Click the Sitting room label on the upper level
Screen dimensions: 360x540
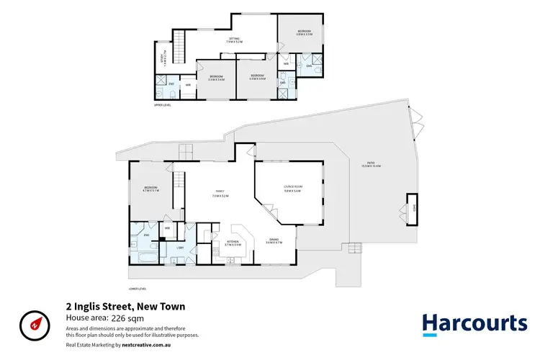[x=233, y=40]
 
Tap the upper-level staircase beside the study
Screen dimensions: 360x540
[x=180, y=48]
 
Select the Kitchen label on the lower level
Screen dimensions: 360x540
[x=233, y=243]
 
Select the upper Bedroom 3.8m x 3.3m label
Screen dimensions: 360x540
[x=305, y=33]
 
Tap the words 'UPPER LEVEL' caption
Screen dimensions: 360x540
[x=162, y=105]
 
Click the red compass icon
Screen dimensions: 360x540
[x=34, y=324]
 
